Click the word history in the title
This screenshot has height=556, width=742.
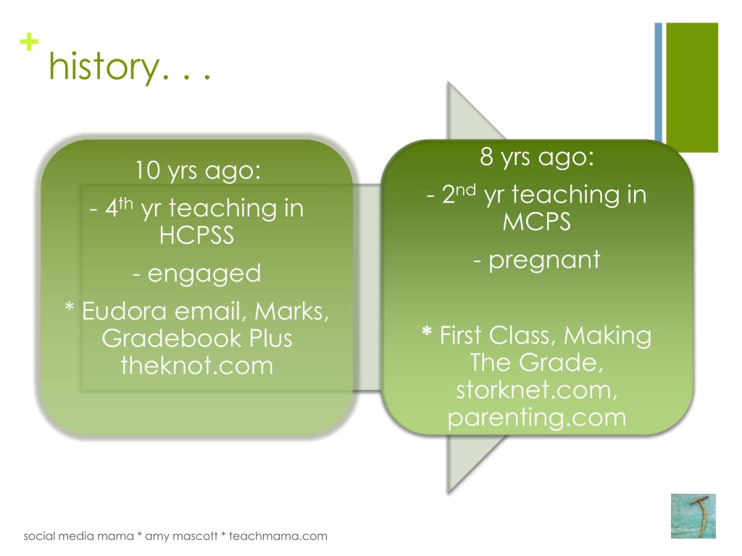[x=104, y=67]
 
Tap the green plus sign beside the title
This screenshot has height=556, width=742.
[x=29, y=41]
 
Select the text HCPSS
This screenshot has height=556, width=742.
[x=196, y=235]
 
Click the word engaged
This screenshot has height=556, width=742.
[x=204, y=274]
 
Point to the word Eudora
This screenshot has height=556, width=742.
[x=124, y=311]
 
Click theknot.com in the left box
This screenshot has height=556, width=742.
[x=197, y=366]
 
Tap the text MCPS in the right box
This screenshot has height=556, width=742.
[x=537, y=222]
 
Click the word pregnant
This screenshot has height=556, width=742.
[x=544, y=261]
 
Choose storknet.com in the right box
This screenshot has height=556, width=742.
[x=537, y=390]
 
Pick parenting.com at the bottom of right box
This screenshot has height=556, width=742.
[x=537, y=418]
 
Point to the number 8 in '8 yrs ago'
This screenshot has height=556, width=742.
[x=486, y=157]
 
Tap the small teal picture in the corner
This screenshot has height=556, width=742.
[x=693, y=515]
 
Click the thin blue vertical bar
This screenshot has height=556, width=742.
[x=658, y=82]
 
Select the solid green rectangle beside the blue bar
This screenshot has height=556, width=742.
[x=692, y=88]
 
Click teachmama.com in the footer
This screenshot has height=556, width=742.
[x=278, y=536]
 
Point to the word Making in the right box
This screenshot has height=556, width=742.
[x=608, y=336]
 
